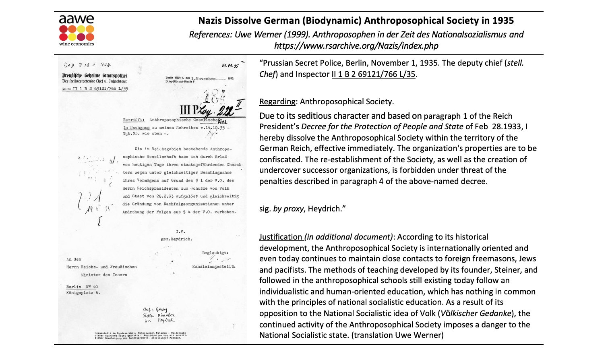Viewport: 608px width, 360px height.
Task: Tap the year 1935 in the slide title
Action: tap(503, 21)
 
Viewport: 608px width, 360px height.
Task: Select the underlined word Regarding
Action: tap(277, 101)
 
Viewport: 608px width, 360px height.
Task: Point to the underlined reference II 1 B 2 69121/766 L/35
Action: tap(373, 74)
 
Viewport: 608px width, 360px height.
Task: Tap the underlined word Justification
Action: tap(281, 237)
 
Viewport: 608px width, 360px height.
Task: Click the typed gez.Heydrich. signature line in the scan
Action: tap(176, 239)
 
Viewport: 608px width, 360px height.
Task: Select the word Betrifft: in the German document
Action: tap(134, 120)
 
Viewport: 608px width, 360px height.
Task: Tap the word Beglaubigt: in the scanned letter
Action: tap(215, 253)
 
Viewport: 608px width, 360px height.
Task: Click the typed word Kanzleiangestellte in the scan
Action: tap(214, 267)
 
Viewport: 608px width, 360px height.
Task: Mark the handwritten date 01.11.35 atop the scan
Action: tap(230, 66)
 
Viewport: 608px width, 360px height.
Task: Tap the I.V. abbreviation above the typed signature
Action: tap(180, 231)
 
